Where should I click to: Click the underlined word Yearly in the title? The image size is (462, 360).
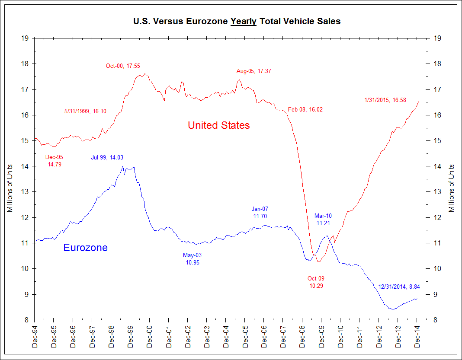pos(244,21)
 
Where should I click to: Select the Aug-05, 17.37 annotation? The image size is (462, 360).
pos(254,71)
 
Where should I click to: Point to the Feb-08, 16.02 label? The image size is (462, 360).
pos(305,110)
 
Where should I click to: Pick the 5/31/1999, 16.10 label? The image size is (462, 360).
pos(85,111)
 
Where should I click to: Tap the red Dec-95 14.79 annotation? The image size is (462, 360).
pos(54,161)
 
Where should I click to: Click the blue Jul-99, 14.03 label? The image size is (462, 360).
pos(110,158)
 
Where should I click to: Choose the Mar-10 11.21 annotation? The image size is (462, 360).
pos(323,219)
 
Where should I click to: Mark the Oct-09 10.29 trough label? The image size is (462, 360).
pos(316,282)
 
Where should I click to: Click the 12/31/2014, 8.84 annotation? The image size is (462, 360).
pos(399,287)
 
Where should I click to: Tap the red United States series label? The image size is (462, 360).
pos(218,125)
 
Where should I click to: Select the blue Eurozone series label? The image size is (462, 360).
pos(85,248)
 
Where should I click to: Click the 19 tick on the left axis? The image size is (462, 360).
pos(25,38)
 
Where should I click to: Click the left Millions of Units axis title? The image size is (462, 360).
pos(10,188)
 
